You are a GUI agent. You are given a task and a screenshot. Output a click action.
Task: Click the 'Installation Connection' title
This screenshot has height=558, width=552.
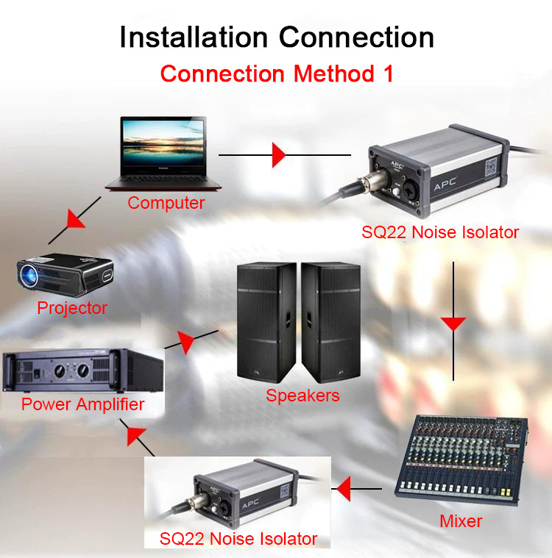point(276,37)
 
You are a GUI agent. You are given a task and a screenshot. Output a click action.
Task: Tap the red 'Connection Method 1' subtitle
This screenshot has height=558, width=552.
point(276,74)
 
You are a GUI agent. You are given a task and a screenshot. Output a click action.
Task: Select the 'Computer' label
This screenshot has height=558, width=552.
point(166,203)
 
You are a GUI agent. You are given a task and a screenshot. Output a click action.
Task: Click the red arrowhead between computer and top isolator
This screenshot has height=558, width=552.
point(278,155)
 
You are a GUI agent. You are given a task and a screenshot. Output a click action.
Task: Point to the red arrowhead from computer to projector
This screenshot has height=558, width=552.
point(75,218)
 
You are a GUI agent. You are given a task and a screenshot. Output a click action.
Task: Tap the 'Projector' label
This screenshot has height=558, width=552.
point(72,308)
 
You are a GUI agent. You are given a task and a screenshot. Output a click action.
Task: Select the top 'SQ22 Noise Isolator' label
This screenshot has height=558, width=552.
point(440,233)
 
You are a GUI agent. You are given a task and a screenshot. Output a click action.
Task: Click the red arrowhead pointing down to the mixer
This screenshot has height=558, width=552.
point(453,323)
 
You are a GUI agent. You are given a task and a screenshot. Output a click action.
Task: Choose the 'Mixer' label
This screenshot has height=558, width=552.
point(461,521)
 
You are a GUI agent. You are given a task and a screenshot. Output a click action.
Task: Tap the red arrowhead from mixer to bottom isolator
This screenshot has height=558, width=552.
point(342,487)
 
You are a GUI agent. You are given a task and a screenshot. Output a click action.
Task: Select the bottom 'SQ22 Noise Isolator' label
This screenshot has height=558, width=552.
point(238,539)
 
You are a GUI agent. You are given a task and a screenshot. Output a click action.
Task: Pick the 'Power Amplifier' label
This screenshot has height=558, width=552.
point(82,404)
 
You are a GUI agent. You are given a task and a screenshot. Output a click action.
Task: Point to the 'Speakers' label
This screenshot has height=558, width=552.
point(302,396)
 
